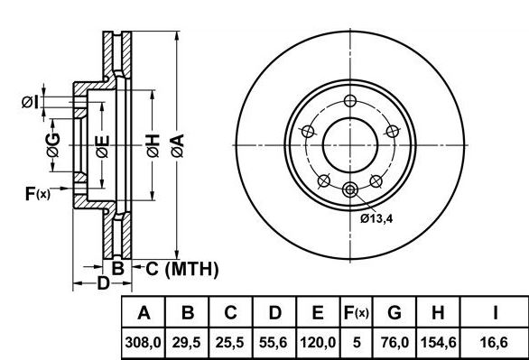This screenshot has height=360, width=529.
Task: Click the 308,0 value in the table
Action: point(143,343)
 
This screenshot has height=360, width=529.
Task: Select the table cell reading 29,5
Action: point(187,343)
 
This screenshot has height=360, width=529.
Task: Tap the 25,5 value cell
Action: point(230,343)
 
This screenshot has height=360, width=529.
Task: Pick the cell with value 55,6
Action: point(274,343)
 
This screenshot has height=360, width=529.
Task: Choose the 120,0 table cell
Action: point(318,343)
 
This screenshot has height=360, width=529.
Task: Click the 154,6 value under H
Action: point(438,343)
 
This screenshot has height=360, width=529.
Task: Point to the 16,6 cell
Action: point(494,343)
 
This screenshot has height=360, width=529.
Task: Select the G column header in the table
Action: point(394,312)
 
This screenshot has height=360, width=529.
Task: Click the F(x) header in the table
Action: point(356,312)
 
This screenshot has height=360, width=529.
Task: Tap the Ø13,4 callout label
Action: point(376,218)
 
